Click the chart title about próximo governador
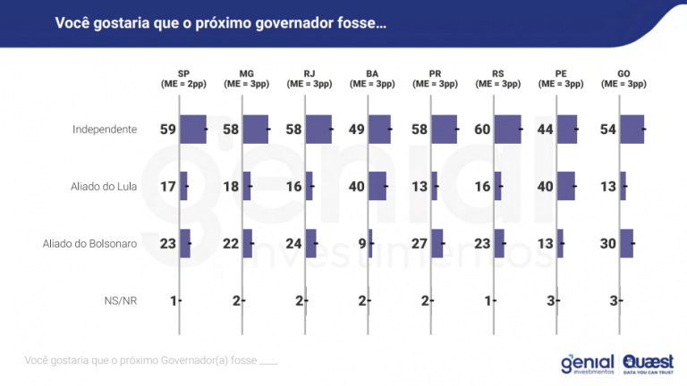click(x=221, y=23)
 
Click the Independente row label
click(x=105, y=130)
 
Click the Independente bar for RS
click(x=508, y=130)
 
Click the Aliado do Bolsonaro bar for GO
click(x=627, y=244)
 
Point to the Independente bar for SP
click(x=193, y=130)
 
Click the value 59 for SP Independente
click(x=168, y=130)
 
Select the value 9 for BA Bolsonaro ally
click(x=360, y=244)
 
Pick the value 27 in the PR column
click(x=419, y=244)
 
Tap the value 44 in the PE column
click(x=544, y=130)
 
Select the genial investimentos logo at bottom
click(x=587, y=362)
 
